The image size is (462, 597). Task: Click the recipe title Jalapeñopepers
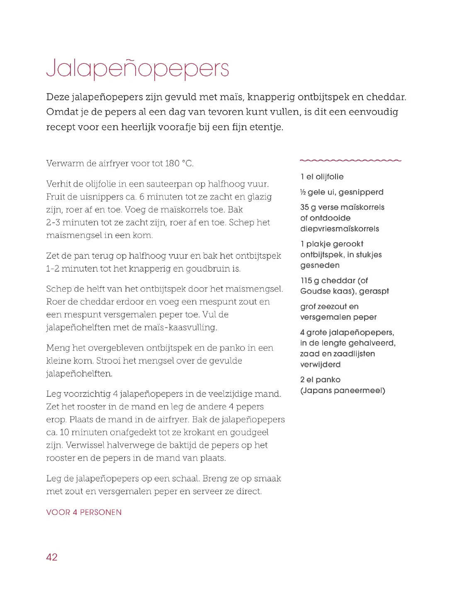click(x=137, y=69)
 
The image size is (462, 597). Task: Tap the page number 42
click(x=52, y=557)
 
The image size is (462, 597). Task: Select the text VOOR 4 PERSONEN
click(x=84, y=512)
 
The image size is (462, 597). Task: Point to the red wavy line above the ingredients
click(x=350, y=160)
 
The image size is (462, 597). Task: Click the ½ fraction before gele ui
click(x=303, y=192)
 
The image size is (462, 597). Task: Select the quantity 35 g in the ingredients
click(x=308, y=207)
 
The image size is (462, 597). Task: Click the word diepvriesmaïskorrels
click(x=340, y=229)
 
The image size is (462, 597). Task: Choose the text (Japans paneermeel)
click(x=343, y=391)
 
